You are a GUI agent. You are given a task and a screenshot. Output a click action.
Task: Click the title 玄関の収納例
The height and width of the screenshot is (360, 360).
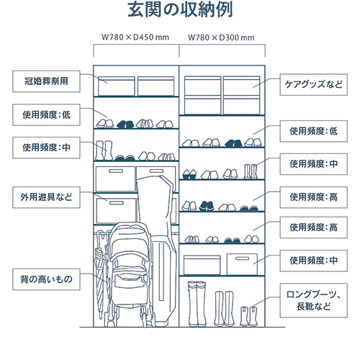point(180,10)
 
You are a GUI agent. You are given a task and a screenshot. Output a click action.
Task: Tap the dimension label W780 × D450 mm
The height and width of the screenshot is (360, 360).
point(135,37)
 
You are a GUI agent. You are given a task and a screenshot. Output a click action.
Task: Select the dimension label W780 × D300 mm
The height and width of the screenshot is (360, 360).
point(221,37)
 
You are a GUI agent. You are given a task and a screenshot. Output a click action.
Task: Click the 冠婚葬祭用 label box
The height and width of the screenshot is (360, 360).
point(46,81)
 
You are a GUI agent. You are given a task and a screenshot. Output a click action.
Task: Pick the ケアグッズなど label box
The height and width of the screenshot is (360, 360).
point(314,84)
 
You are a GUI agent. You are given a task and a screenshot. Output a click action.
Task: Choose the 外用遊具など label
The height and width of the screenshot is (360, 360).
point(46,197)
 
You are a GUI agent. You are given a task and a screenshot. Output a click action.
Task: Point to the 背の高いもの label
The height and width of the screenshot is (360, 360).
point(46,279)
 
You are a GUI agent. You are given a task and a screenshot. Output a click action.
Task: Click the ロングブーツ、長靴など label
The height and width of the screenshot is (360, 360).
point(314,300)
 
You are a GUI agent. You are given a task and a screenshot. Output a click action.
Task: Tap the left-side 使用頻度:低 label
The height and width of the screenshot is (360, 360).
point(46,114)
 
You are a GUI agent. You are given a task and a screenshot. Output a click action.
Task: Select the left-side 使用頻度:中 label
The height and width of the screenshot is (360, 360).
point(46,148)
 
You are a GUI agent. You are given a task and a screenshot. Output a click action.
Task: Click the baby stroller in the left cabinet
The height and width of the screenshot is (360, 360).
point(130,274)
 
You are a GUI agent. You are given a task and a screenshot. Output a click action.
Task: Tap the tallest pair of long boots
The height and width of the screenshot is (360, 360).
point(197,304)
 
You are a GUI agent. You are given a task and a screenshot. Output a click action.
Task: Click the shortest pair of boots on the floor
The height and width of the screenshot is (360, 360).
point(248,316)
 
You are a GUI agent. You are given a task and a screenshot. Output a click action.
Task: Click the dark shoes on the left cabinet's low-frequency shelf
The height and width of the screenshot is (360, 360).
point(125,124)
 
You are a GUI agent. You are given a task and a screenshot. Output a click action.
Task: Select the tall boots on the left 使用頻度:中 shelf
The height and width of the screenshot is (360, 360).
point(104,150)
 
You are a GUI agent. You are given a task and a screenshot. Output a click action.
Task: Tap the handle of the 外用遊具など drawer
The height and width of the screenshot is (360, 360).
point(117,203)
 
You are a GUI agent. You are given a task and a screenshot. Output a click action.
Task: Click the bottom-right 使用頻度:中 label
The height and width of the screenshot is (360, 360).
point(314,261)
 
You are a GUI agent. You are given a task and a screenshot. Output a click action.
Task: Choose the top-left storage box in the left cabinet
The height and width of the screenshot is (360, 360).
point(117,86)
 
